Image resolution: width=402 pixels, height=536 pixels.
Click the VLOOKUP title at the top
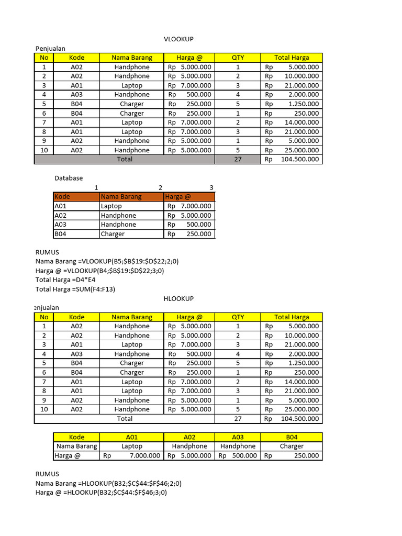coord(175,39)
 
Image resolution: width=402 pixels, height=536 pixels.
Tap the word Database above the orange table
coord(69,178)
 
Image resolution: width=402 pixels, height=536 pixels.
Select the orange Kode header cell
coord(76,197)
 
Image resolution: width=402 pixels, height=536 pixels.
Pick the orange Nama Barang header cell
coord(131,197)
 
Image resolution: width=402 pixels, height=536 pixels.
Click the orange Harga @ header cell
coord(188,197)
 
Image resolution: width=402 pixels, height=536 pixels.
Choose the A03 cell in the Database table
coord(76,225)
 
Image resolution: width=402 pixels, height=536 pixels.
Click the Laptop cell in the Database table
coord(131,206)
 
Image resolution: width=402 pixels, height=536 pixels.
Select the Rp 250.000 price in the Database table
coord(189,234)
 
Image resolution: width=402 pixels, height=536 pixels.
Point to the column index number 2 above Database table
coord(160,187)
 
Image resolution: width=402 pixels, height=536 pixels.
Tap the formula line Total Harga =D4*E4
coord(65,280)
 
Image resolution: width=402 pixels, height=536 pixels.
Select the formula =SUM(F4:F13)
coord(96,289)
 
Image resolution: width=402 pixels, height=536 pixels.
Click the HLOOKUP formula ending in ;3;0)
coord(115,493)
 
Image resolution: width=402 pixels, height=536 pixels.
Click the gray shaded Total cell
coord(125,159)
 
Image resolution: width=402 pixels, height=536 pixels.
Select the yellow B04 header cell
coord(292,437)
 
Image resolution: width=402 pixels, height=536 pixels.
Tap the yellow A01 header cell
coord(131,437)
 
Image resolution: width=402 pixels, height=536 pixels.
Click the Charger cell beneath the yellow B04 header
coord(292,446)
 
